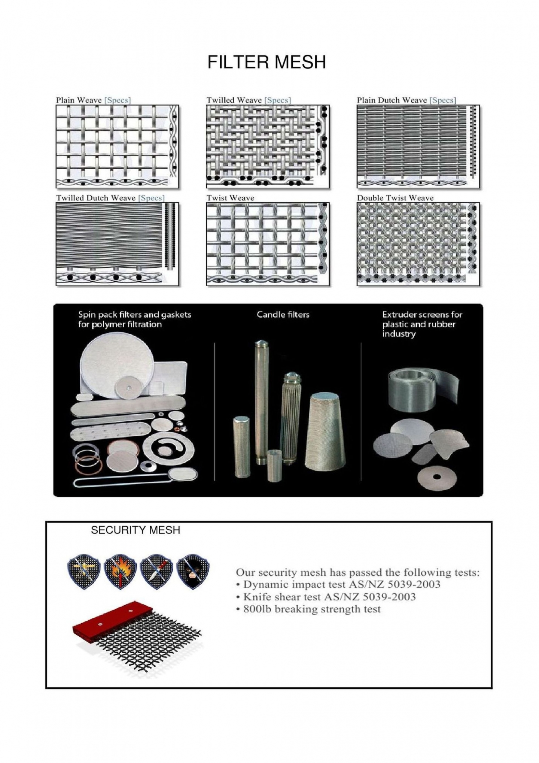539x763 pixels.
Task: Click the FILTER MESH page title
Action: click(267, 62)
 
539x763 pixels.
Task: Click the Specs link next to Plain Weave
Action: click(117, 100)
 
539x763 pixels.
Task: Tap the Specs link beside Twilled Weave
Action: click(277, 100)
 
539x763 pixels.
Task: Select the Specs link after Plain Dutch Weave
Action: click(443, 100)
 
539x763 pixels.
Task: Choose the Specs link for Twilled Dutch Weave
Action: click(151, 198)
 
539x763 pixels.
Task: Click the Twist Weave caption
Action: click(230, 198)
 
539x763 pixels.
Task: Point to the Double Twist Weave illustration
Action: click(418, 244)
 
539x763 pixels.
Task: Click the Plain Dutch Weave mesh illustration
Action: click(418, 146)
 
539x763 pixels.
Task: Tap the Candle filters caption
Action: click(283, 314)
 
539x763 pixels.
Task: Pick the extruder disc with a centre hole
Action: click(436, 478)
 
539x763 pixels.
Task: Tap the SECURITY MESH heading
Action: click(135, 530)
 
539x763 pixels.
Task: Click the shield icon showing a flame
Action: click(120, 571)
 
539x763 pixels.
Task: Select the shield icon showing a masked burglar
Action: click(193, 571)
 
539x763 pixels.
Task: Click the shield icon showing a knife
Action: click(156, 571)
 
